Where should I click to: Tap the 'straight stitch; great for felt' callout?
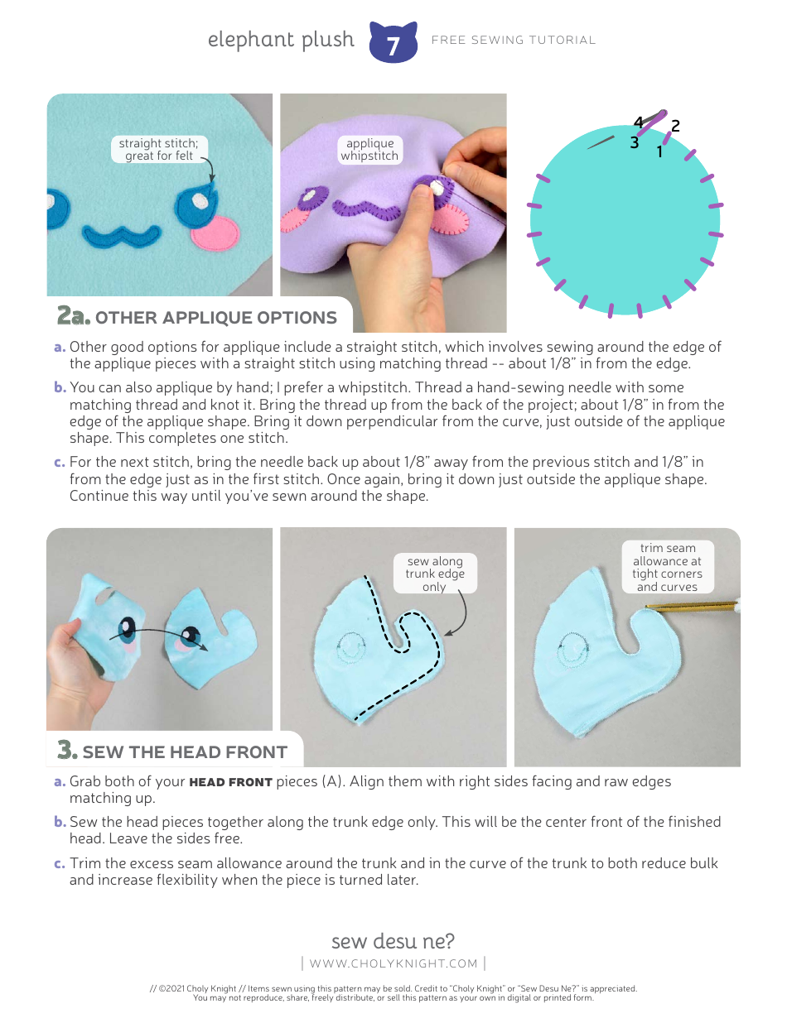coord(159,150)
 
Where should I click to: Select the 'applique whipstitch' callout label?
coord(369,150)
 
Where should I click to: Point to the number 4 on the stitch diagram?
coord(638,123)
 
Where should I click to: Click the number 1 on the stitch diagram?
coord(659,151)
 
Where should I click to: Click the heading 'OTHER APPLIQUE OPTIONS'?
coord(216,318)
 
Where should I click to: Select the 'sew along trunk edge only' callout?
coord(435,574)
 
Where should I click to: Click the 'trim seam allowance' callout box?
coord(667,567)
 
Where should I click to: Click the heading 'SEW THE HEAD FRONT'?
coord(185,752)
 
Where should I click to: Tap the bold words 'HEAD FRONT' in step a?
coord(231,782)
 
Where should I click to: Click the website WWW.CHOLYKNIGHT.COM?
coord(393,963)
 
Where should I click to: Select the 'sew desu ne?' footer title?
coord(393,941)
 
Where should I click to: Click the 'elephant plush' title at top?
coord(281,40)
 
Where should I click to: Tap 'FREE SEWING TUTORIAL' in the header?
coord(514,40)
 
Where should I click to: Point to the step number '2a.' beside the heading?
coord(73,316)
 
